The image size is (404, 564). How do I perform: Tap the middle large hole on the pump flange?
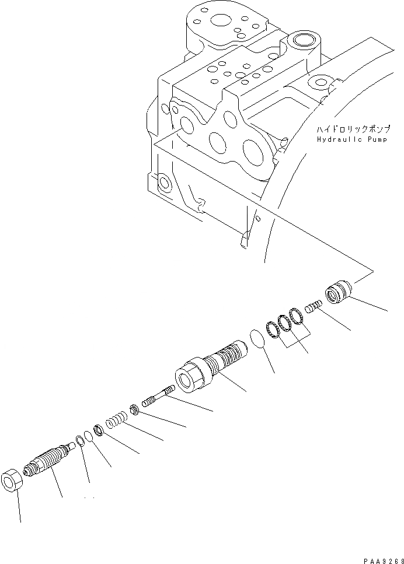coord(219,143)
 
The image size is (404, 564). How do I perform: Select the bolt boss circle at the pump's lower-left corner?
coord(165,184)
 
